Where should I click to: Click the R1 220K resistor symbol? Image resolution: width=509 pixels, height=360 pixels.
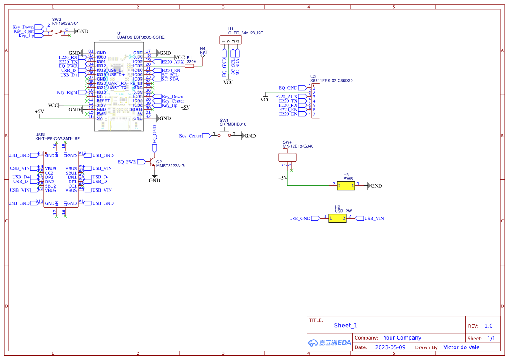[189, 66]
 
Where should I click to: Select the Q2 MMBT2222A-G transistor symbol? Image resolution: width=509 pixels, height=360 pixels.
[153, 162]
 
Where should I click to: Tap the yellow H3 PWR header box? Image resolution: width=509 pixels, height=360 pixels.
[346, 185]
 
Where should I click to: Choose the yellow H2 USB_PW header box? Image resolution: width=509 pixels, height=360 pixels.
[337, 218]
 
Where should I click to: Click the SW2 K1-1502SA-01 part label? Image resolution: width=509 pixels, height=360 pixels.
[65, 24]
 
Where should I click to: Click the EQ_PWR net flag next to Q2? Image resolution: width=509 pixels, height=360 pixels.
[130, 162]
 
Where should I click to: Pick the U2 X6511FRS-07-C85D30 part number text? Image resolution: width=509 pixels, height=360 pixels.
[331, 81]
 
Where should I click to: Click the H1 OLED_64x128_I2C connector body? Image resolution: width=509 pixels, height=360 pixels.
[231, 40]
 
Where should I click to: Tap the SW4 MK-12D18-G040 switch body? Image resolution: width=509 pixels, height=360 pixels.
[287, 157]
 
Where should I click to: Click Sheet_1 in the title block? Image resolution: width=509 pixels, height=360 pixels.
[345, 325]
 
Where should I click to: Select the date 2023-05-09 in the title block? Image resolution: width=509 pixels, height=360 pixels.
[390, 347]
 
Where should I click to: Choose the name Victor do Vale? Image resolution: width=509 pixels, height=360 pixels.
[461, 347]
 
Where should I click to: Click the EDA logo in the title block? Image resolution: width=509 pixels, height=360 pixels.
[329, 343]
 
